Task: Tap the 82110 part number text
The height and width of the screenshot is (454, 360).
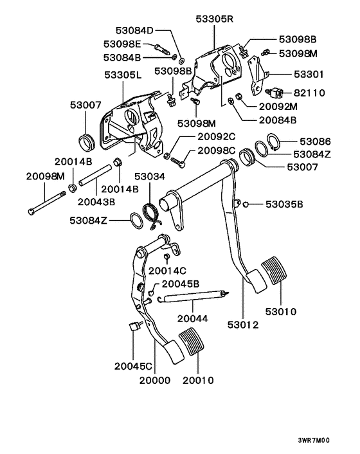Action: click(313, 93)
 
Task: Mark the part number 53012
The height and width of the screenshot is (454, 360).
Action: click(244, 325)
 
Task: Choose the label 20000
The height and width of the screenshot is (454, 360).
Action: click(155, 380)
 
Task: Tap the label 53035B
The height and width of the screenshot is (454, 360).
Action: click(282, 204)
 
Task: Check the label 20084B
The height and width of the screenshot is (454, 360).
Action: click(276, 120)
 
